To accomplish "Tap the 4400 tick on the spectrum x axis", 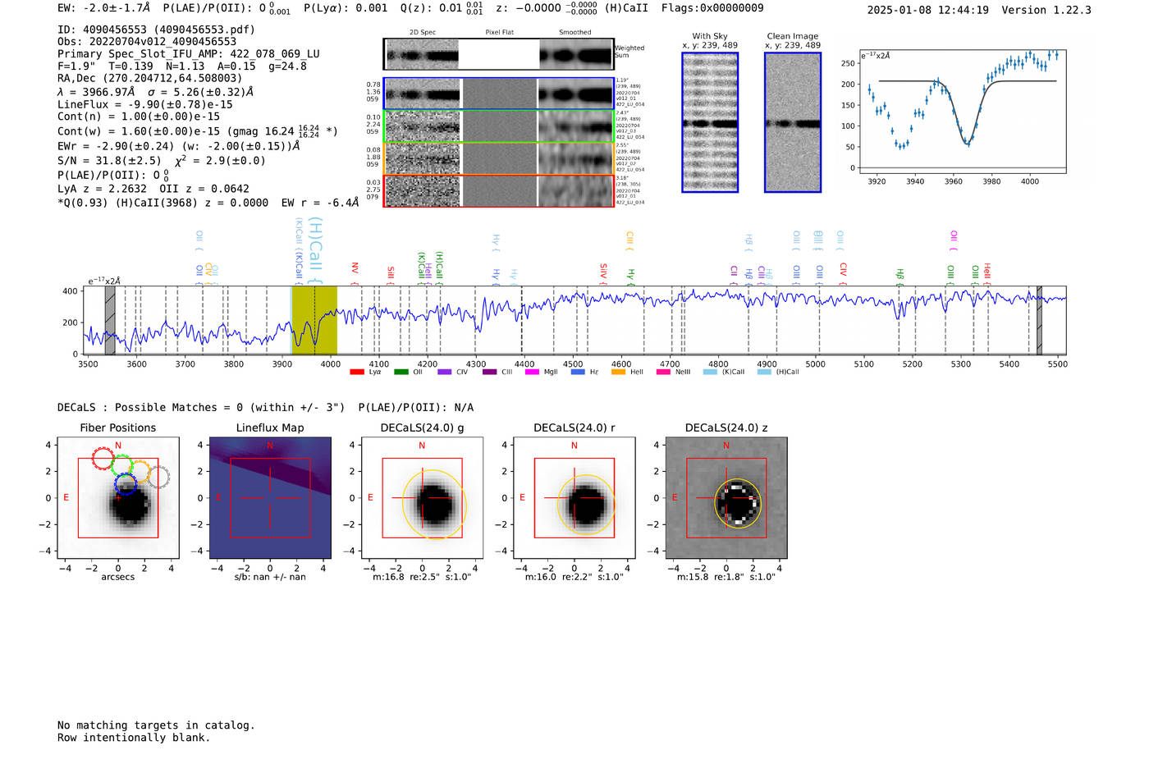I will click(524, 364).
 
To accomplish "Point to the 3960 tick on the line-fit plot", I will click(953, 181).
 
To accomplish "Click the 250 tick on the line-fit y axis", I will click(848, 63).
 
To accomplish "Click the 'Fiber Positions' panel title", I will click(117, 428).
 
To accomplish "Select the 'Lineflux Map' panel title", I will click(269, 428).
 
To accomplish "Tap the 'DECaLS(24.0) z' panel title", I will click(726, 428).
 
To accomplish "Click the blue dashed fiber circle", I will click(125, 483).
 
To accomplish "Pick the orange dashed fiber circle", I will click(140, 471).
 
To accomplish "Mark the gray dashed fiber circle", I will click(158, 477).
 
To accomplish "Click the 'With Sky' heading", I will click(709, 36).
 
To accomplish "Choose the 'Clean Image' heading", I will click(792, 36).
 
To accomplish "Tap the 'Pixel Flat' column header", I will click(499, 32).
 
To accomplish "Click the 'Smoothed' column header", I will click(574, 32).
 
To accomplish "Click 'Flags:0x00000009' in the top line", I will click(712, 7).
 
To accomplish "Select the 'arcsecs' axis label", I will click(117, 577).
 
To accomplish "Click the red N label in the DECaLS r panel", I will click(574, 446).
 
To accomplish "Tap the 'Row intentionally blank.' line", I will click(134, 737).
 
